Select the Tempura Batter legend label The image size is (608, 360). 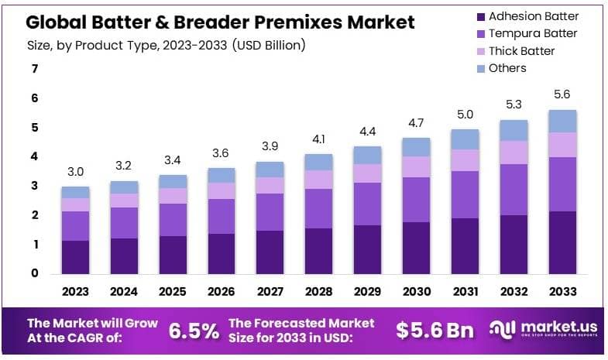[x=533, y=33]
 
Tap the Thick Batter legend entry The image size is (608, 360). [x=521, y=51]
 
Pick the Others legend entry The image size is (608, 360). [x=507, y=68]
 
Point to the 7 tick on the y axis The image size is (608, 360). [x=34, y=69]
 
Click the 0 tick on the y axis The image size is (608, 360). [x=34, y=273]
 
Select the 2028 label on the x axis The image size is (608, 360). [x=318, y=292]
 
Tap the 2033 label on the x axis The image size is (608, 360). [x=562, y=292]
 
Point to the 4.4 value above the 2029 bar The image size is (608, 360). [x=367, y=132]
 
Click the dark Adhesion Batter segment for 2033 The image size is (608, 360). [x=562, y=242]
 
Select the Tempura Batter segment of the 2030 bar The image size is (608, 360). [x=416, y=200]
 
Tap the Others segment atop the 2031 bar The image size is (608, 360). [x=465, y=139]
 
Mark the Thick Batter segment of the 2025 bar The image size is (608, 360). [x=173, y=196]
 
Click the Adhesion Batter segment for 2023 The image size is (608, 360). [x=75, y=257]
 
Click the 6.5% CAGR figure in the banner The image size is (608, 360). [x=194, y=331]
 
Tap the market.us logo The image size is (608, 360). [x=542, y=331]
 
